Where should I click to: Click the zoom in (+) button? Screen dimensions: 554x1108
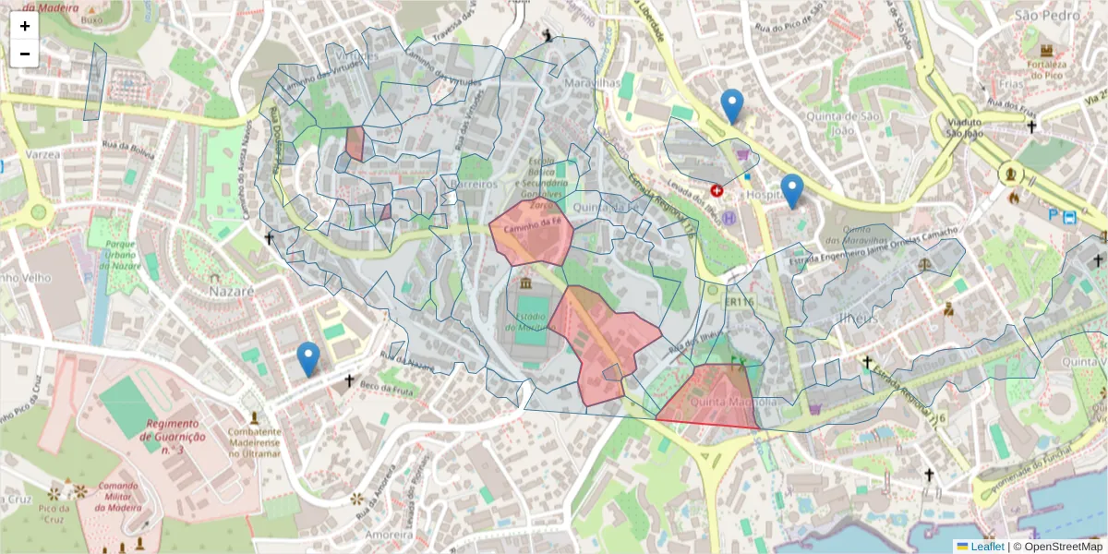click(25, 26)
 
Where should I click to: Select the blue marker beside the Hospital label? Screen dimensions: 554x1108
click(791, 192)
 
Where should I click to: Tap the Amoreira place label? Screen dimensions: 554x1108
click(388, 535)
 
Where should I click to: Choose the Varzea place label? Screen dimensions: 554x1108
click(42, 154)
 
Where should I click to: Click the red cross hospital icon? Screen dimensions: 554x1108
click(717, 190)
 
